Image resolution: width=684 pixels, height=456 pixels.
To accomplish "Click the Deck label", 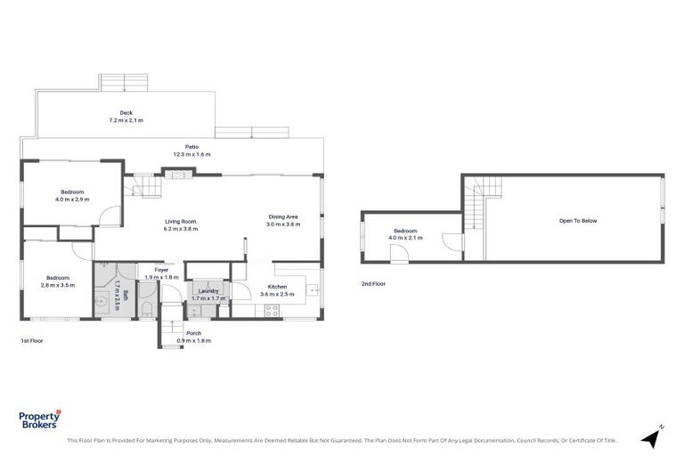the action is tap(126, 112).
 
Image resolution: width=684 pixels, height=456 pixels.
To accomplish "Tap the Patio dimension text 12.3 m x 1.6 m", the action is tap(192, 154).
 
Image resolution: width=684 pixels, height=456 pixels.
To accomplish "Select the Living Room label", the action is tap(181, 221).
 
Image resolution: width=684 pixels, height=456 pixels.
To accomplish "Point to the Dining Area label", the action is tap(283, 217).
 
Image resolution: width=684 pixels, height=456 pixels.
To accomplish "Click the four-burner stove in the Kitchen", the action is tap(272, 310).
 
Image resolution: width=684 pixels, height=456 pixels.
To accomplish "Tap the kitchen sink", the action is tap(313, 289).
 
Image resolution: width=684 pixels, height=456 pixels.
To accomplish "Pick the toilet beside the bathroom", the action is tap(147, 309).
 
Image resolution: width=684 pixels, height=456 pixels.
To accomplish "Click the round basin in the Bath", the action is tap(103, 301).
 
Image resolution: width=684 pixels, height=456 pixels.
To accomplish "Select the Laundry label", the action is tap(208, 291).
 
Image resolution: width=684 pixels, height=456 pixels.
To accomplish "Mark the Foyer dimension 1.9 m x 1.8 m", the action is tap(161, 278).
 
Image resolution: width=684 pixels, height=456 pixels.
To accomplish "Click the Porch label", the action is tap(193, 333).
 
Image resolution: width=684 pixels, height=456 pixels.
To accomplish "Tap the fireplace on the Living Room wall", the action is tap(178, 174).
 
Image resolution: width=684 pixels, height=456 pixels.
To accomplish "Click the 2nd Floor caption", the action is tap(373, 283).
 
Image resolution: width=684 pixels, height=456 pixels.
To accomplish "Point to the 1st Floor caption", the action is tap(32, 341).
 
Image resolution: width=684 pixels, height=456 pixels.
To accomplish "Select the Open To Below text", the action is tap(578, 221).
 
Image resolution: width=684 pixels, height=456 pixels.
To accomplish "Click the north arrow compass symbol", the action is tap(652, 436).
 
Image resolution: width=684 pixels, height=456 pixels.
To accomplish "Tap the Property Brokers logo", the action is tap(40, 419).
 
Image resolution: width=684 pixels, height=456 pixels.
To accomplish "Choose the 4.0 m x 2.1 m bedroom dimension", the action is tap(405, 238).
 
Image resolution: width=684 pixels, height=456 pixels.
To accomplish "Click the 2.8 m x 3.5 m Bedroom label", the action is tap(58, 278).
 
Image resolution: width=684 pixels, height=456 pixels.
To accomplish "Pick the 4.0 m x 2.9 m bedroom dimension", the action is tap(72, 199).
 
